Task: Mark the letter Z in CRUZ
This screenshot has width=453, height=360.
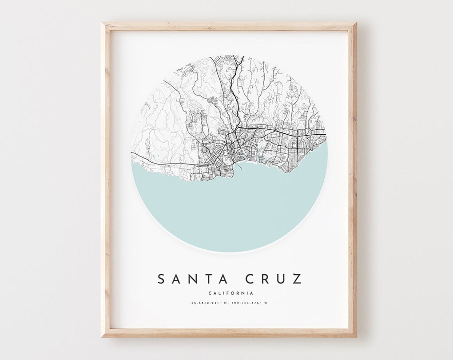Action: (x=297, y=279)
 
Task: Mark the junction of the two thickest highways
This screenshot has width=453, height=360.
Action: (x=237, y=129)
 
